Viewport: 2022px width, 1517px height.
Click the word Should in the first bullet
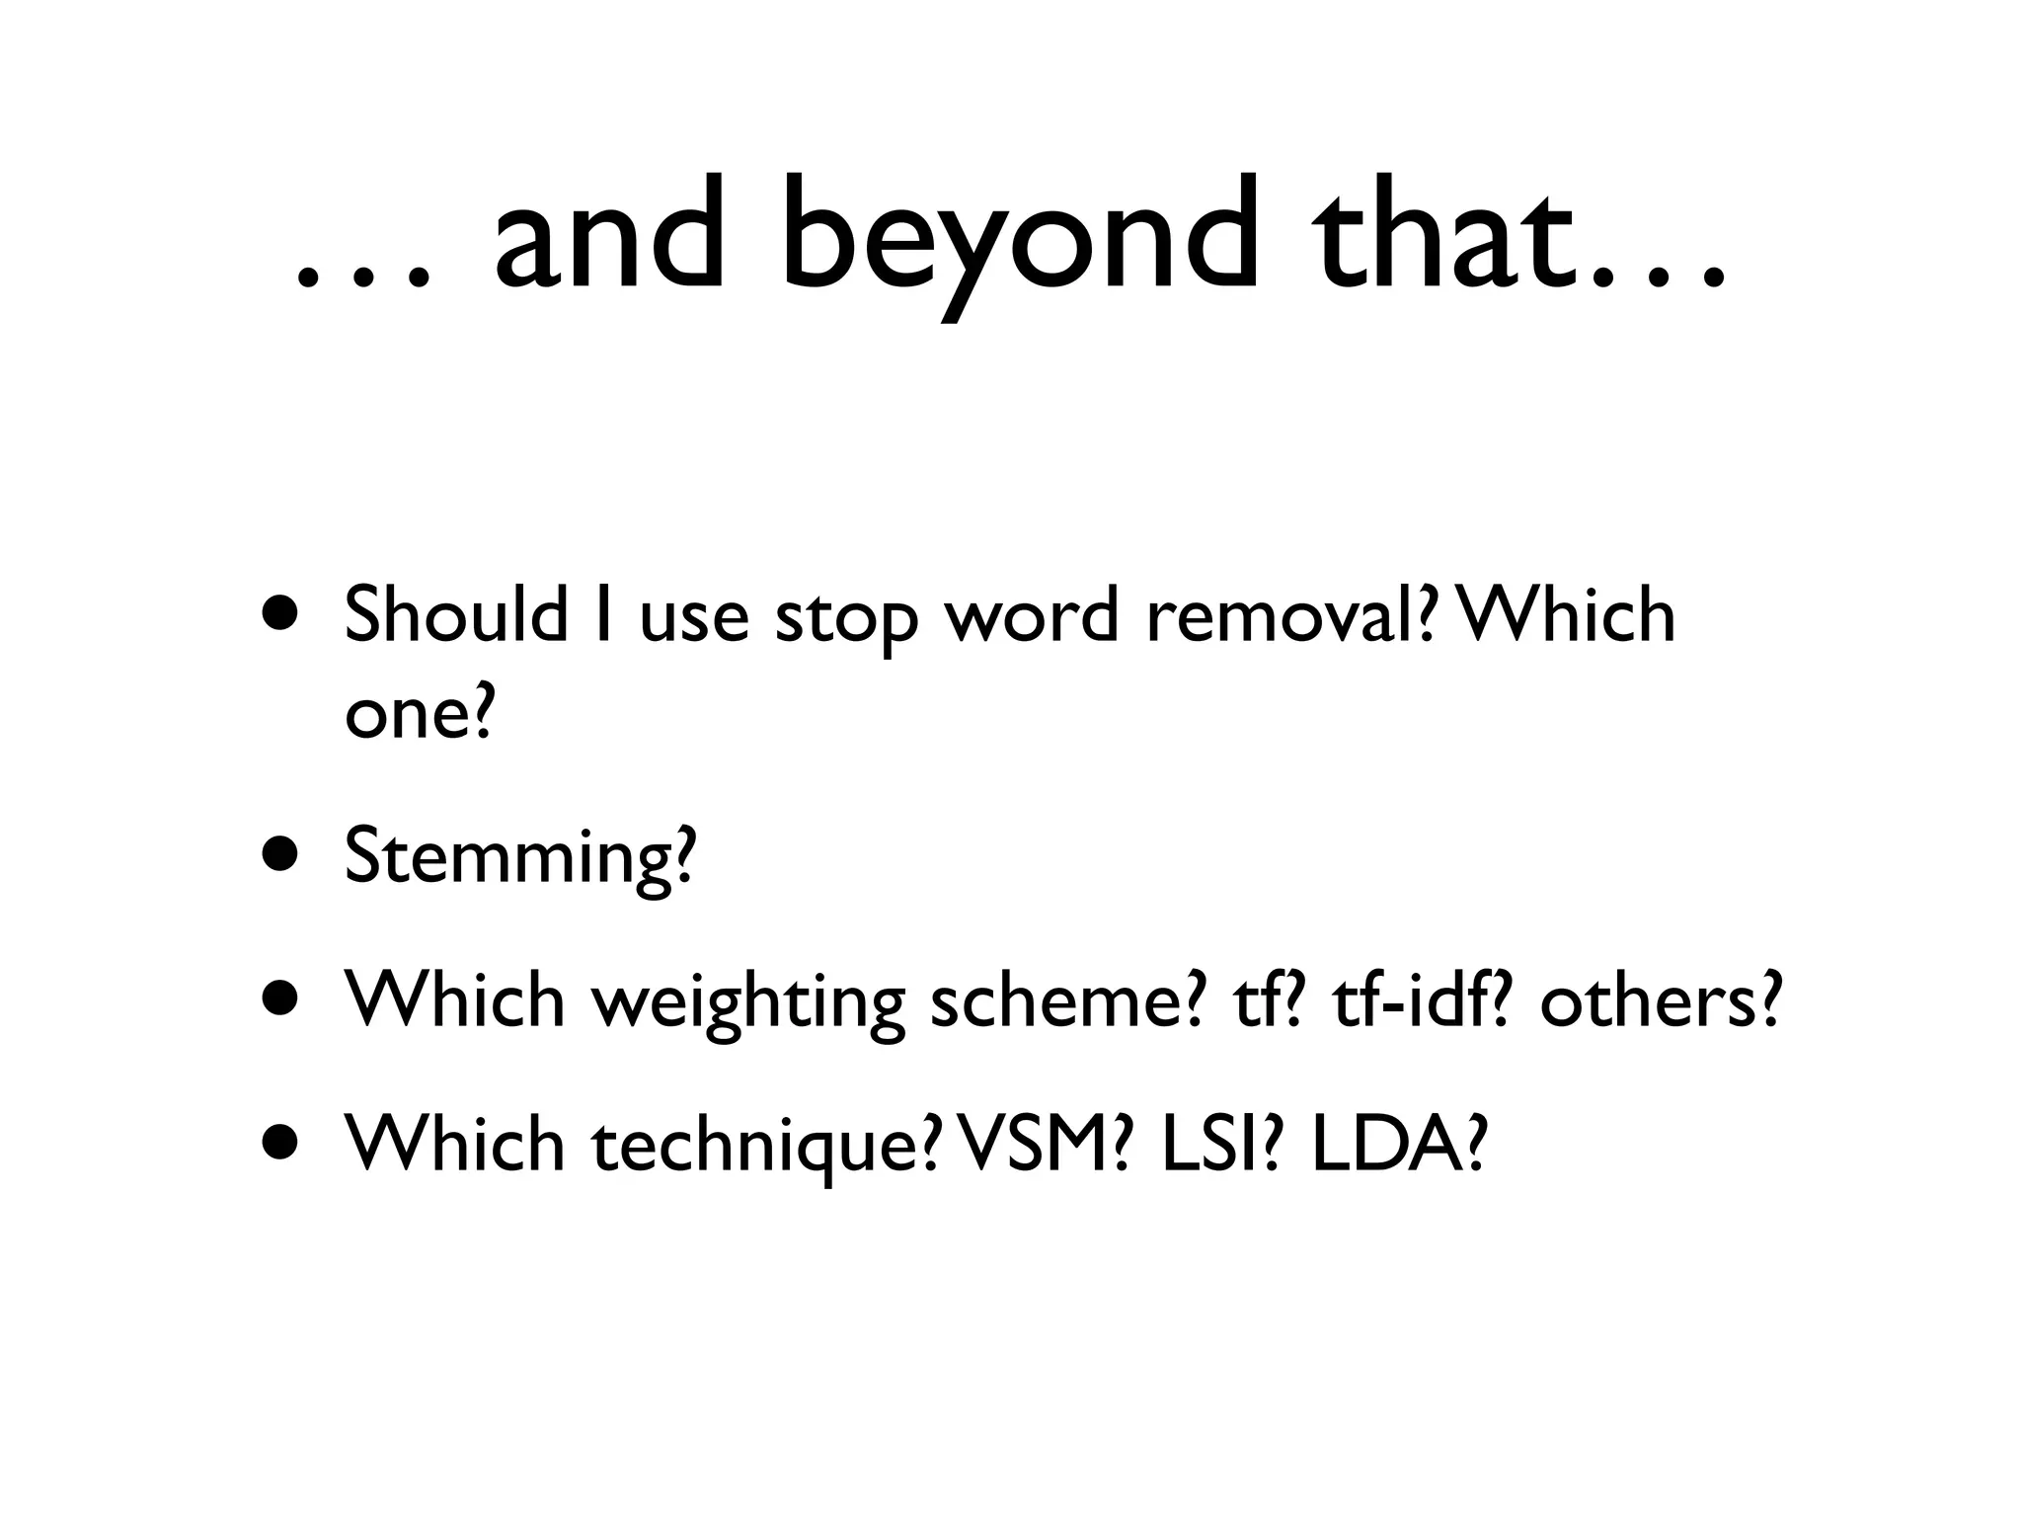(x=455, y=614)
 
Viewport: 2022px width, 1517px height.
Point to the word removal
(x=1284, y=614)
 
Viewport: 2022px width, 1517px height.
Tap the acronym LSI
(x=1209, y=1144)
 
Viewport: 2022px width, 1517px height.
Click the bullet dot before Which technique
(x=280, y=1144)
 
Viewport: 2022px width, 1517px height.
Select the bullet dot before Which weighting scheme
(x=280, y=999)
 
